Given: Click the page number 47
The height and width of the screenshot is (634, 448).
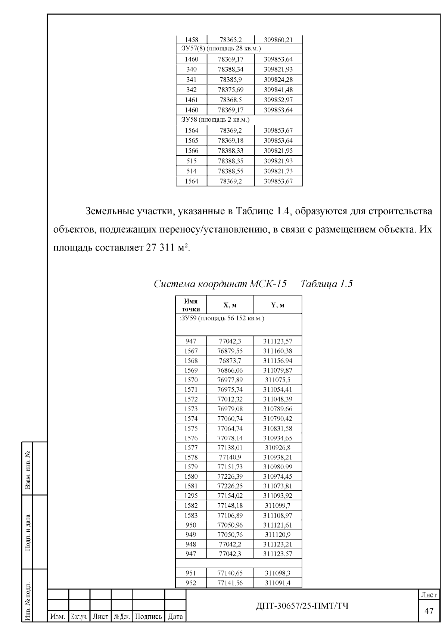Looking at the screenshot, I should pyautogui.click(x=429, y=611).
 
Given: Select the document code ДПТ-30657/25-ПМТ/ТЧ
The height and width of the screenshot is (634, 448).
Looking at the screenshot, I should pyautogui.click(x=302, y=606).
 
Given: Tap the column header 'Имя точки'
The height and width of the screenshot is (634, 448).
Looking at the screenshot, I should pyautogui.click(x=191, y=305).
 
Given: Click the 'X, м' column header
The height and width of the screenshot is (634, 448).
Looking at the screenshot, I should pyautogui.click(x=230, y=305).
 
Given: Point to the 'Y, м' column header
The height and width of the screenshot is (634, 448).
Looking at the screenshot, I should pyautogui.click(x=277, y=305).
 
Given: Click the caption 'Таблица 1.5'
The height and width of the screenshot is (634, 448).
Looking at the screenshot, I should pyautogui.click(x=326, y=284).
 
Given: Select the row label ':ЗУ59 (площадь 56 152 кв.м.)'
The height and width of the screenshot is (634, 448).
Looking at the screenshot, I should pyautogui.click(x=222, y=318).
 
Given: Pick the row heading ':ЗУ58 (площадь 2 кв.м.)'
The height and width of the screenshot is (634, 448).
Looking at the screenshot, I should pyautogui.click(x=215, y=120).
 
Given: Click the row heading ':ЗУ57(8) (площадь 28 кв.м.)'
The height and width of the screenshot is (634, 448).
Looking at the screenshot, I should pyautogui.click(x=220, y=49).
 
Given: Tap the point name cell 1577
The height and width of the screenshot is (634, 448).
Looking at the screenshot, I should pyautogui.click(x=191, y=447).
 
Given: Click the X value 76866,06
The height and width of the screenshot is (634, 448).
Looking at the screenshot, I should pyautogui.click(x=230, y=370).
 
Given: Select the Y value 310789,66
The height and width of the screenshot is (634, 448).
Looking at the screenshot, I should pyautogui.click(x=278, y=409).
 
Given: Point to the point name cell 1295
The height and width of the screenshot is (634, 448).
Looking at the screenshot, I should pyautogui.click(x=191, y=496).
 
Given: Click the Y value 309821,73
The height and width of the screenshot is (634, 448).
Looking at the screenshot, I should pyautogui.click(x=278, y=171).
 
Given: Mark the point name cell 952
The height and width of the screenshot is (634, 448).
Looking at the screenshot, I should pyautogui.click(x=191, y=583).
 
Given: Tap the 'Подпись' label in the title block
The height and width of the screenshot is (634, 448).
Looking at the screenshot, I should pyautogui.click(x=149, y=616).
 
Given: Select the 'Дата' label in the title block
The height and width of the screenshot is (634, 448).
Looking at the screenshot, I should pyautogui.click(x=175, y=616).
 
